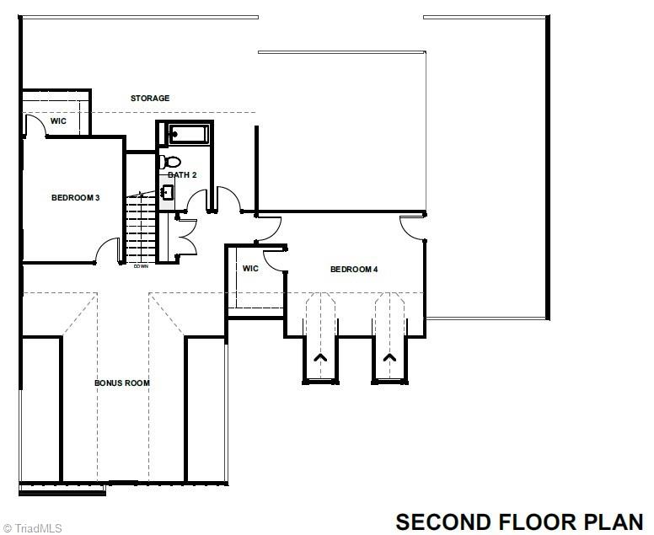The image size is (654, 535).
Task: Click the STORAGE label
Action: coord(150,99)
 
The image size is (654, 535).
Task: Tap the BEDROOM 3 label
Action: coord(76,198)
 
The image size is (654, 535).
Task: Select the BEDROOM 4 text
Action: coord(354,270)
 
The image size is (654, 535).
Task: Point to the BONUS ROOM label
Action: coord(122,383)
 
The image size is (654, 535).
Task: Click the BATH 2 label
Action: coord(182,175)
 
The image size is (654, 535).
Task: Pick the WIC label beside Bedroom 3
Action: coord(58,121)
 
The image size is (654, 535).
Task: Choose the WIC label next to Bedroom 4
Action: coord(250,269)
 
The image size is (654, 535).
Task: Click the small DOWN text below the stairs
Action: coord(141,267)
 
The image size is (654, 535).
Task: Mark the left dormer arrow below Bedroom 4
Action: coord(320,358)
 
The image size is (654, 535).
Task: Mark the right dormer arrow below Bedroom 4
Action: coord(389,358)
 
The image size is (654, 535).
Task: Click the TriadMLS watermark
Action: coord(32,528)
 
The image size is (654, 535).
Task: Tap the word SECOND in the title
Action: coord(443,522)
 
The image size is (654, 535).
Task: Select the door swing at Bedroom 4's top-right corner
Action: coord(413,228)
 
